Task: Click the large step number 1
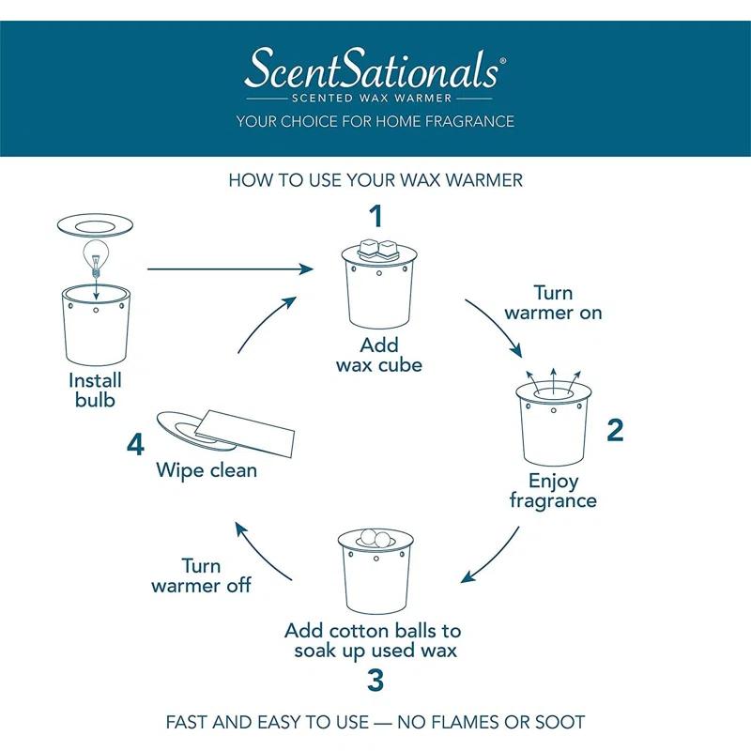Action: [375, 217]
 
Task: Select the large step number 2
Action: [615, 430]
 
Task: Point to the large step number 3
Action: [375, 680]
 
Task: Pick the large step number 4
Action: [136, 443]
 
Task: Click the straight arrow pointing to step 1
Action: [230, 269]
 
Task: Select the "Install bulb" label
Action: [95, 391]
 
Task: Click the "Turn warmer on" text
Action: [553, 302]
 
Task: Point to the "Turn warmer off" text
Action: [201, 575]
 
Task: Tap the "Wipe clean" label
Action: [207, 469]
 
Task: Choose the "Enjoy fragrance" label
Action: [553, 490]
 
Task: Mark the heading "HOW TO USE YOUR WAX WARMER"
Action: [375, 179]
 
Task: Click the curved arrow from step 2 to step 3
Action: [498, 558]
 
